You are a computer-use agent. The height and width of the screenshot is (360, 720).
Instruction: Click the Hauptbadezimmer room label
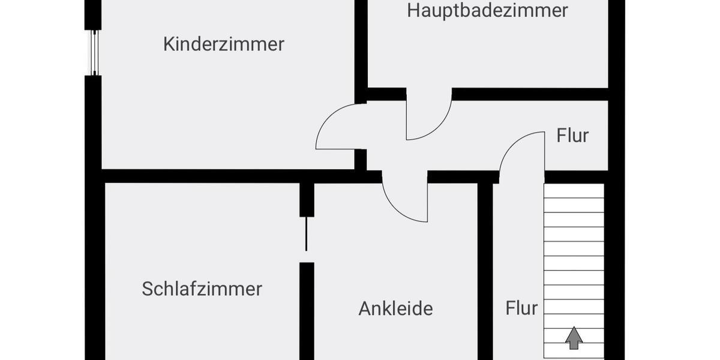tap(487, 11)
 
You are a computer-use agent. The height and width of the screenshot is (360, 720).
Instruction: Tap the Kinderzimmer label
tap(224, 44)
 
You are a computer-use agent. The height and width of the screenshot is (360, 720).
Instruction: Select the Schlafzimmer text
tap(202, 289)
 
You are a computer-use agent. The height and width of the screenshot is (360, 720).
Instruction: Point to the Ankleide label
tap(395, 308)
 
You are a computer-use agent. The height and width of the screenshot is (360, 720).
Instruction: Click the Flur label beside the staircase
tap(521, 308)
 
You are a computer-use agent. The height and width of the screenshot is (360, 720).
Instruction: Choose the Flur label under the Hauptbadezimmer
tap(572, 136)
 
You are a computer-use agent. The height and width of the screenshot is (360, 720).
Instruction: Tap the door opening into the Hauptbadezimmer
tap(427, 117)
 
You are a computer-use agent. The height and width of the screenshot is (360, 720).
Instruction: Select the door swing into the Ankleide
tap(405, 201)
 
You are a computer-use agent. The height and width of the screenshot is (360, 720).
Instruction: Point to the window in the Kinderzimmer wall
tap(94, 52)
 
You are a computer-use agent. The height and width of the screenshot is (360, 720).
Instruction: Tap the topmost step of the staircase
tap(574, 190)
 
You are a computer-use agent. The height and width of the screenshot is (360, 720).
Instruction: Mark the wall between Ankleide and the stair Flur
tap(485, 270)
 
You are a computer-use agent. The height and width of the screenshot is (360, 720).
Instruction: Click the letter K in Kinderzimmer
tap(169, 44)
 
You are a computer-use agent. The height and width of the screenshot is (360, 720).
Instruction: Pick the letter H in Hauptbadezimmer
tap(413, 11)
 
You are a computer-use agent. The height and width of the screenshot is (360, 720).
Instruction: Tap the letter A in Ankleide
tap(364, 308)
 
